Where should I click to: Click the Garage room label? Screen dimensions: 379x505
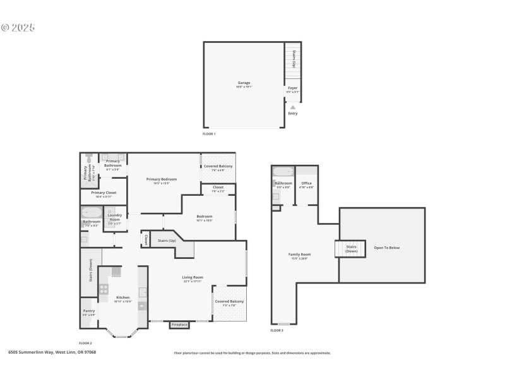click(244, 83)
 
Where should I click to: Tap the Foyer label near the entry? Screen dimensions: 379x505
click(292, 88)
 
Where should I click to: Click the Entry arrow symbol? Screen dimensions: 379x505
click(292, 107)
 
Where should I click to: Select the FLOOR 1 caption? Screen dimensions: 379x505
click(209, 134)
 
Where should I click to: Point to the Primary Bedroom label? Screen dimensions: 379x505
click(162, 179)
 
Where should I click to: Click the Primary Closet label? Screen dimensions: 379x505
click(104, 193)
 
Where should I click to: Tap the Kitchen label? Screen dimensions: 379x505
click(122, 298)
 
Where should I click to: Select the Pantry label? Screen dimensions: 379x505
click(88, 311)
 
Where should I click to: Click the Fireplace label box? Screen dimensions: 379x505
click(179, 325)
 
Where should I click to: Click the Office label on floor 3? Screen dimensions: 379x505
click(307, 183)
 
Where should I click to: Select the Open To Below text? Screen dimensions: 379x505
click(386, 248)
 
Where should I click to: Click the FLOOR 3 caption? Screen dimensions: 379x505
click(277, 330)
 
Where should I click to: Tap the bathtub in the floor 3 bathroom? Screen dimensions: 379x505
click(282, 171)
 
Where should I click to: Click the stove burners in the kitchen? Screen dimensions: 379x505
click(104, 290)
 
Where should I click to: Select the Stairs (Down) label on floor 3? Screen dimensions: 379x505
click(352, 249)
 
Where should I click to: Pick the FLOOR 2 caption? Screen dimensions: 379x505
click(86, 343)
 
